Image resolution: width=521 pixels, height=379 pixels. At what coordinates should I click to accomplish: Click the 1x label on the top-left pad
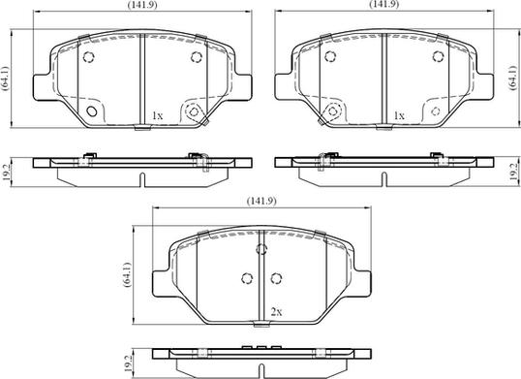click(157, 115)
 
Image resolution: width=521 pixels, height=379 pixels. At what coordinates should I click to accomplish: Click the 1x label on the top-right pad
click(399, 115)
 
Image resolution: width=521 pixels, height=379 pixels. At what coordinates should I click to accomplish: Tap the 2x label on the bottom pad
click(276, 312)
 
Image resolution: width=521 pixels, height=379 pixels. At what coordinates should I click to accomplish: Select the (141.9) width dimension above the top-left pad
click(142, 5)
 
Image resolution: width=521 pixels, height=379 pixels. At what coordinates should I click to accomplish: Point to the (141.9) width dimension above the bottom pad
click(261, 201)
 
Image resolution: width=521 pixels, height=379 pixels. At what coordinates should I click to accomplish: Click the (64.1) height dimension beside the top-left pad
click(6, 79)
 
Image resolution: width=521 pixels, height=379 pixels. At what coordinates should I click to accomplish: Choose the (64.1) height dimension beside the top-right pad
click(513, 78)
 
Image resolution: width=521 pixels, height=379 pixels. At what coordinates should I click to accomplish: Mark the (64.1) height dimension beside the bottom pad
click(127, 274)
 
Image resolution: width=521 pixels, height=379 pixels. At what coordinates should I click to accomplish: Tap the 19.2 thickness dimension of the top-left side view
click(6, 172)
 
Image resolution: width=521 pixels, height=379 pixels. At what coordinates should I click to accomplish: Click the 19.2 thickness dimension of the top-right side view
click(514, 172)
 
